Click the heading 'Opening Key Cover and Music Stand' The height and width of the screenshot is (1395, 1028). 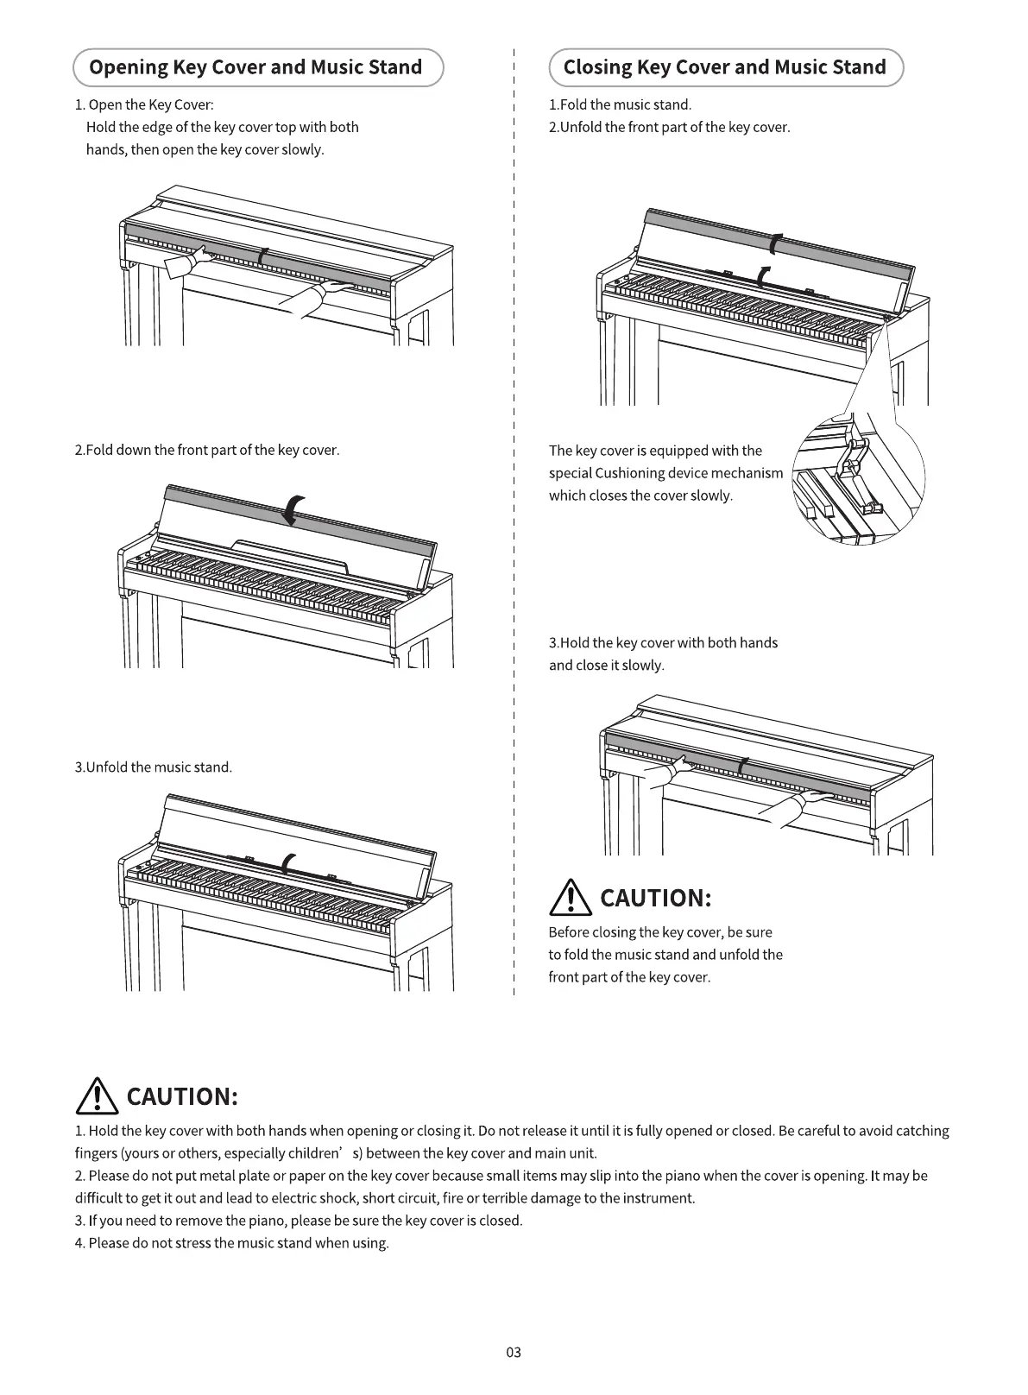pyautogui.click(x=256, y=67)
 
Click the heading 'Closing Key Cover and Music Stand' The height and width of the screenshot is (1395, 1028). pyautogui.click(x=725, y=67)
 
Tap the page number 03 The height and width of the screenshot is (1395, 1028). pyautogui.click(x=514, y=1352)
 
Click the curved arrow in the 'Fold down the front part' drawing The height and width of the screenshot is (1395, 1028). pyautogui.click(x=294, y=510)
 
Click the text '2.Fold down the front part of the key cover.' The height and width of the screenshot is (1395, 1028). pyautogui.click(x=207, y=450)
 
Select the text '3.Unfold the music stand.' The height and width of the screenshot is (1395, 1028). pyautogui.click(x=154, y=767)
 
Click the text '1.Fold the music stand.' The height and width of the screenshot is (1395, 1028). pyautogui.click(x=620, y=104)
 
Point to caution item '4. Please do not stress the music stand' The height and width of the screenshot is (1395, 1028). pyautogui.click(x=232, y=1243)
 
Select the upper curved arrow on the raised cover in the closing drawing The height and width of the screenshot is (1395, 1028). pyautogui.click(x=778, y=244)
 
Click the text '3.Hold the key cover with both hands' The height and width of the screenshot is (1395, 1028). pyautogui.click(x=663, y=643)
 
